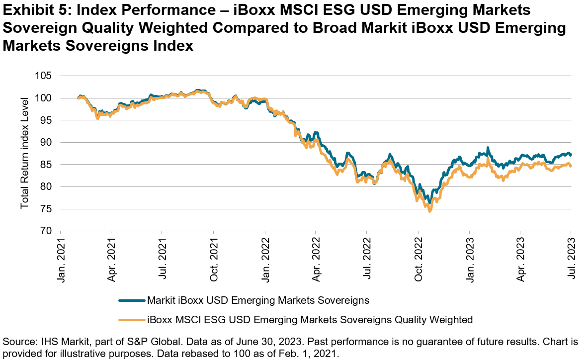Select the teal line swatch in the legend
click(132, 300)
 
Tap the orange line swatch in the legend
click(132, 320)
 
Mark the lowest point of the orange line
click(430, 211)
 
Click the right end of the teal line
click(570, 155)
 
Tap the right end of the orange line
click(570, 166)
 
